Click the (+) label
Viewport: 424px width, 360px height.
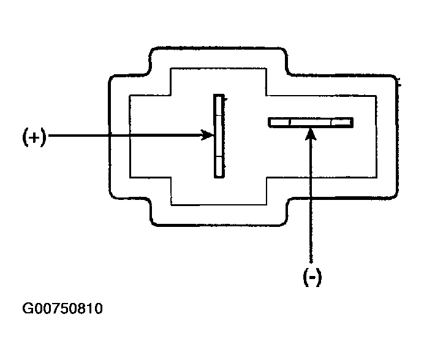coord(34,137)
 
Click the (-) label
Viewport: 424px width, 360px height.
coord(312,277)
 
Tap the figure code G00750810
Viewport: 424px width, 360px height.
coord(62,308)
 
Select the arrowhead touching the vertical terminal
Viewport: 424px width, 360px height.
coord(206,135)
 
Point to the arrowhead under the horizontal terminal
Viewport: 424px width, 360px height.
coord(311,134)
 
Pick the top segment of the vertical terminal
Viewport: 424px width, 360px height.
coord(219,105)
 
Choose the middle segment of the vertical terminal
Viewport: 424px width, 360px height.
coord(219,136)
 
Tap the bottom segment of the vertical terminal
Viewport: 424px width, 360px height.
coord(219,167)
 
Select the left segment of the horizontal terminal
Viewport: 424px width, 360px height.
coord(279,123)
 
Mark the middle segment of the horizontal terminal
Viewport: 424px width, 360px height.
coord(311,123)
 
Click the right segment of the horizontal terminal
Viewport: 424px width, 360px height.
coord(342,123)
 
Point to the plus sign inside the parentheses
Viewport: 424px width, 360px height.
coord(34,138)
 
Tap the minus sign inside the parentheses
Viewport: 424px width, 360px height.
coord(312,277)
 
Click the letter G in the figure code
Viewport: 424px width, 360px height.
coord(27,308)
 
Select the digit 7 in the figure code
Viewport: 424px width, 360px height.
coord(54,308)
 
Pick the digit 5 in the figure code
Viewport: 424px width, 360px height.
coord(63,308)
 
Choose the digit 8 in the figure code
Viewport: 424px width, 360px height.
coord(81,308)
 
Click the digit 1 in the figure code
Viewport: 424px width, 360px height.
coord(89,308)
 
